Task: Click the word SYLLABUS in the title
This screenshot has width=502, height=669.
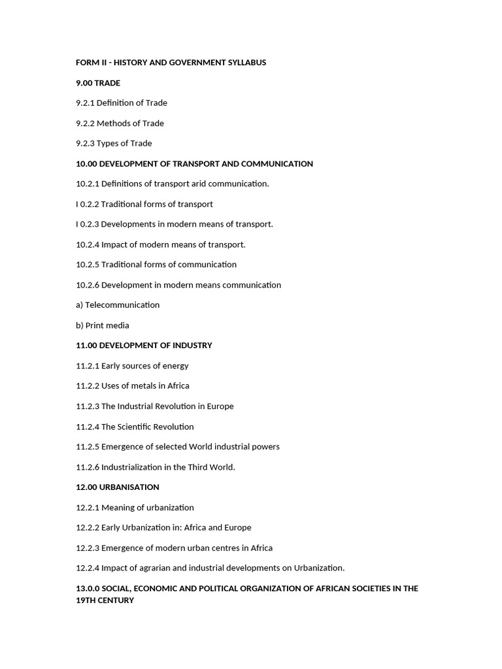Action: tap(246, 63)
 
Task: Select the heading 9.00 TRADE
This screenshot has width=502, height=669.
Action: tap(98, 83)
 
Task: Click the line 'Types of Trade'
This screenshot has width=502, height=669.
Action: tap(124, 144)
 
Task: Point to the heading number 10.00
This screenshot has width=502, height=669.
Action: tap(86, 164)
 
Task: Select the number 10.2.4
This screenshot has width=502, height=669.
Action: tap(88, 244)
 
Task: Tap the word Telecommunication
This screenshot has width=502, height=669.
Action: tap(122, 305)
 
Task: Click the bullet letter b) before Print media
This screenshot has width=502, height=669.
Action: tap(80, 325)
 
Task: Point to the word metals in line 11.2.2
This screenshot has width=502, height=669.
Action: tap(141, 386)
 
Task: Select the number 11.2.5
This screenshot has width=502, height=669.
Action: tap(88, 447)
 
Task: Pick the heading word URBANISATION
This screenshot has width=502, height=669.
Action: tap(129, 487)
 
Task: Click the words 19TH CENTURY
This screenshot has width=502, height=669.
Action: tap(105, 600)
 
